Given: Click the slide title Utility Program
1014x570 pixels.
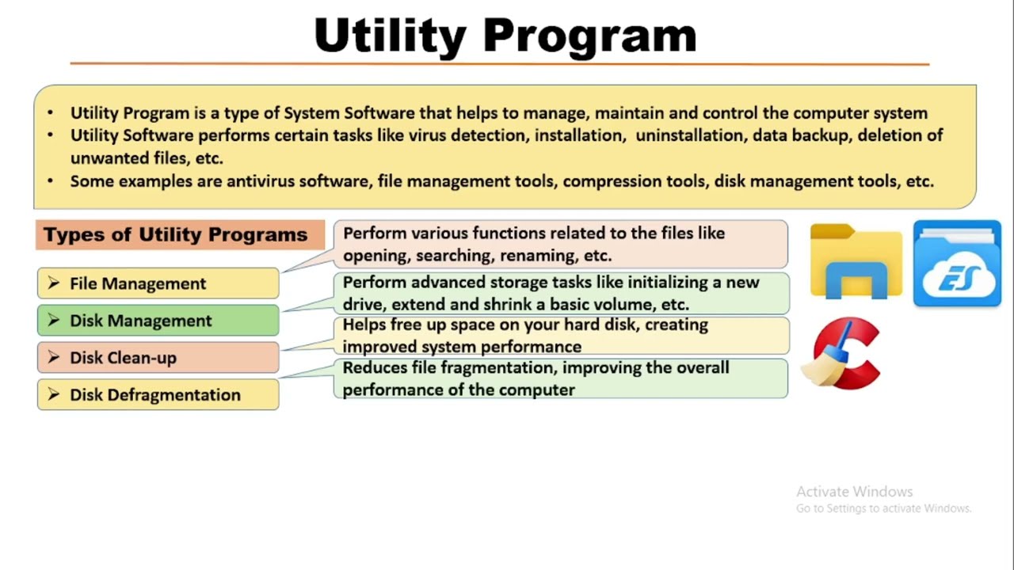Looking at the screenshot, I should (505, 36).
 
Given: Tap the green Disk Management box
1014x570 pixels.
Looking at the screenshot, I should (158, 321).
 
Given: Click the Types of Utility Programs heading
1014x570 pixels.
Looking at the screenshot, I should (176, 234).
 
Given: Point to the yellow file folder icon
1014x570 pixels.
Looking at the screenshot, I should (856, 262).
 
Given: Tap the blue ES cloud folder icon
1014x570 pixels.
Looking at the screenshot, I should (957, 264).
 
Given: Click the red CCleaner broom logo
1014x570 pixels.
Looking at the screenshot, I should (846, 353).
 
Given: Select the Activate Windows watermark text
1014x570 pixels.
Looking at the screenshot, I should (854, 492).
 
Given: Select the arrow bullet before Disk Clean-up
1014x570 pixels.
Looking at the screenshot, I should (53, 358).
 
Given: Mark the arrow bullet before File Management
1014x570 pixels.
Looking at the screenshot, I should (53, 283).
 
